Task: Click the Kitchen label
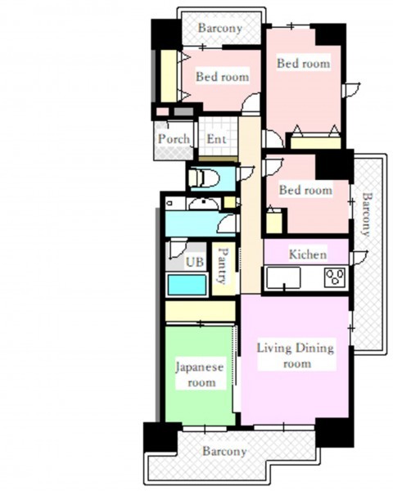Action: (x=308, y=255)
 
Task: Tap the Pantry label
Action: (x=224, y=266)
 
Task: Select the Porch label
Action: (x=174, y=139)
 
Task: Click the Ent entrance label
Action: (x=216, y=139)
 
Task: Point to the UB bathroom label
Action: (x=195, y=262)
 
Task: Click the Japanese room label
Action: (x=200, y=375)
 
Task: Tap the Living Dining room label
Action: (x=296, y=355)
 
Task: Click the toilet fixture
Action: (x=204, y=178)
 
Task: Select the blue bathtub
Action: (x=187, y=284)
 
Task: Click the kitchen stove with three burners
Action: (x=336, y=277)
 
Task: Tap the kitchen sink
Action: (x=283, y=277)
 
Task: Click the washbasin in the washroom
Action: (x=203, y=204)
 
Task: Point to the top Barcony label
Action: (x=220, y=28)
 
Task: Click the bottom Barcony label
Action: (x=224, y=451)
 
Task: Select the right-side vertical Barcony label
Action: (x=367, y=214)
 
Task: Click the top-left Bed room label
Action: (x=223, y=77)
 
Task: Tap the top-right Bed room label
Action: (x=304, y=63)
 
